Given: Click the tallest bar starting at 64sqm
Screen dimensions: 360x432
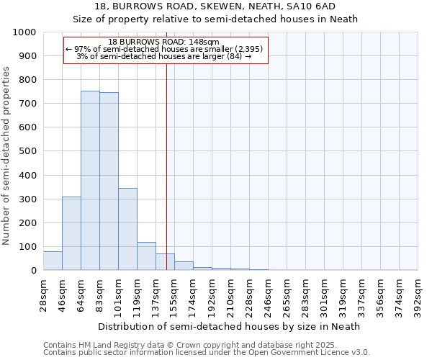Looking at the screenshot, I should pyautogui.click(x=90, y=180).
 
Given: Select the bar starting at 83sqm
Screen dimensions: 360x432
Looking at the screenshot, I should pyautogui.click(x=109, y=181).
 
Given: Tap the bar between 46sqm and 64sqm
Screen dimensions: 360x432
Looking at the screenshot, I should pyautogui.click(x=71, y=233).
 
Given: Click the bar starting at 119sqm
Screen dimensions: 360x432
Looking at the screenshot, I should pyautogui.click(x=146, y=256).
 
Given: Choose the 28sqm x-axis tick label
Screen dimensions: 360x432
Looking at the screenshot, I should pyautogui.click(x=44, y=295).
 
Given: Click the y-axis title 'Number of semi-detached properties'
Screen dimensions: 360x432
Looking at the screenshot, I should pyautogui.click(x=7, y=156).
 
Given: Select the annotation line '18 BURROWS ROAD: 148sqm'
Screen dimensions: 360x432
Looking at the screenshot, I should pyautogui.click(x=164, y=42).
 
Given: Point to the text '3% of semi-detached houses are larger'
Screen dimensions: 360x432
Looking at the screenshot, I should pyautogui.click(x=163, y=56).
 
